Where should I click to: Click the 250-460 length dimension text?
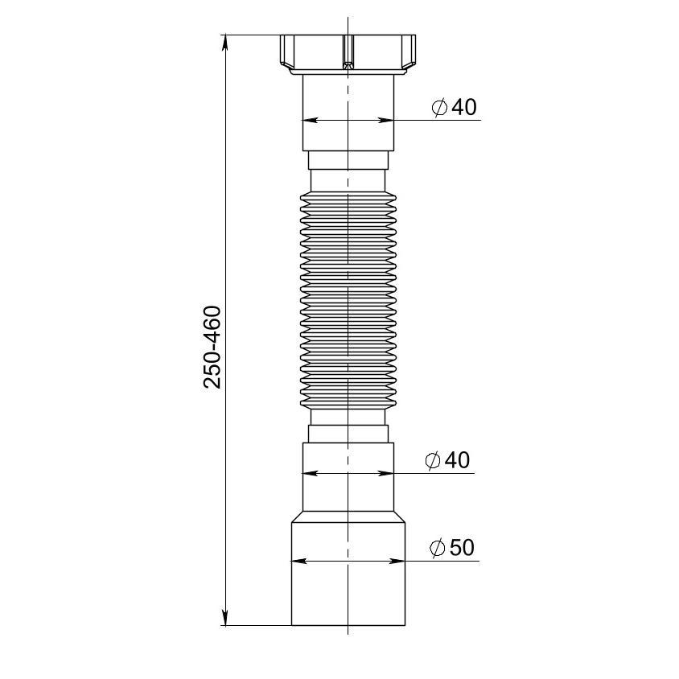(x=212, y=347)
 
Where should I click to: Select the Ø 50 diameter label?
(x=452, y=547)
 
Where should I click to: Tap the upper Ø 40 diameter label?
(x=455, y=107)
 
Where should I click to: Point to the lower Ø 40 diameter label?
(x=448, y=459)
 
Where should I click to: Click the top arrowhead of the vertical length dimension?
(x=224, y=43)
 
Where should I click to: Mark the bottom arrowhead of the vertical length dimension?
(x=224, y=617)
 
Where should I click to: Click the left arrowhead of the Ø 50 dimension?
(x=299, y=562)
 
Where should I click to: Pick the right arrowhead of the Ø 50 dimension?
(x=397, y=562)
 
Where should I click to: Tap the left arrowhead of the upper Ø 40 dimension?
(x=311, y=120)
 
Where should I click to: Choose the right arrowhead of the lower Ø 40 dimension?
(x=386, y=473)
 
